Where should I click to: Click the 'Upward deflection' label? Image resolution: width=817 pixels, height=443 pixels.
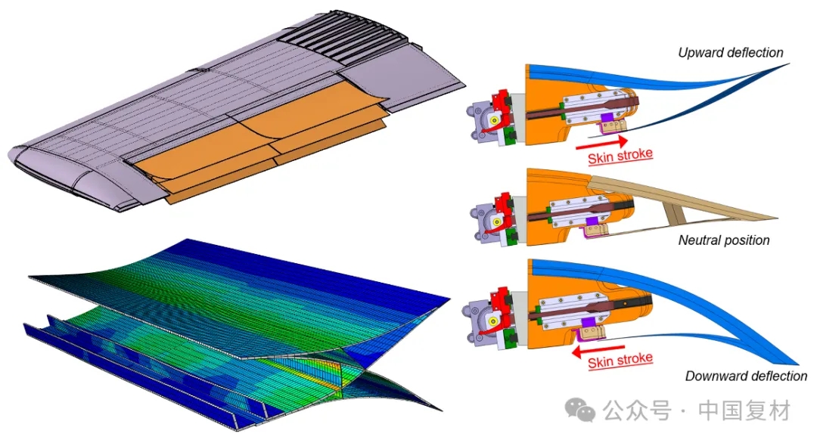[731, 53]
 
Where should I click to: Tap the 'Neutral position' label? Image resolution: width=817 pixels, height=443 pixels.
[724, 240]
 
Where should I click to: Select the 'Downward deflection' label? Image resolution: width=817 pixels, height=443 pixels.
[746, 376]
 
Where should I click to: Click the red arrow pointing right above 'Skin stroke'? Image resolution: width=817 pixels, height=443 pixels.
[602, 143]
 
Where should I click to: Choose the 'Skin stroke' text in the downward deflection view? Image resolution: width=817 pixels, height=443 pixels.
[620, 361]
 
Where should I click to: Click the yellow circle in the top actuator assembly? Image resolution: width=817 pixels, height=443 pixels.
[493, 121]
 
